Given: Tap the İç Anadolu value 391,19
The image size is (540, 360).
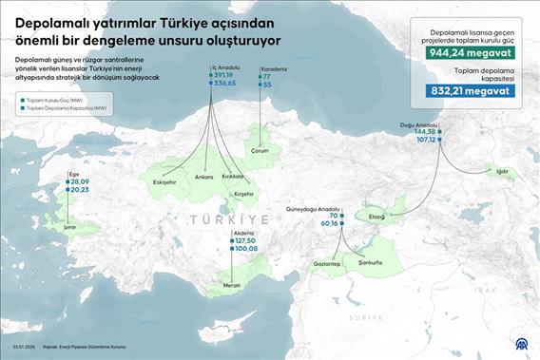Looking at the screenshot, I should pos(224,75).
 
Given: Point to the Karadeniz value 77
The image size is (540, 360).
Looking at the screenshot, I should pos(267,76).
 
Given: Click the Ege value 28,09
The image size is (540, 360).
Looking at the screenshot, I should pos(80,181).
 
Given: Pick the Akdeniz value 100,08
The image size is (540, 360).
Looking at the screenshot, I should pos(246,248).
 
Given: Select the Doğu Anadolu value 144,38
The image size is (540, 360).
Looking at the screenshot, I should pos(426,131).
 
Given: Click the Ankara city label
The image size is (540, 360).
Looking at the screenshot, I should pos(203,177).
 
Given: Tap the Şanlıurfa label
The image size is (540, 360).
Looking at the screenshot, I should pos(369,263).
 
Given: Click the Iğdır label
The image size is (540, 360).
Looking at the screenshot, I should pos(504,172).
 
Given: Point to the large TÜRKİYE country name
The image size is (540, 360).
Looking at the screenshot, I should pos(229,219).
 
